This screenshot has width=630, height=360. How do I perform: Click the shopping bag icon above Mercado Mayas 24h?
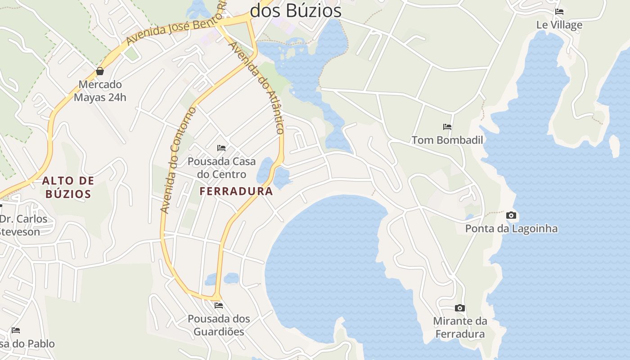100,71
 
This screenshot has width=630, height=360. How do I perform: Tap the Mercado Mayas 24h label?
100,91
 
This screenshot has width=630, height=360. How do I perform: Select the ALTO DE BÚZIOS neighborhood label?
68,188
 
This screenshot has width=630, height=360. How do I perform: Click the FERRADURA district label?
236,191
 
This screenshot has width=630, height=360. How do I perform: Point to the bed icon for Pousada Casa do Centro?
221,148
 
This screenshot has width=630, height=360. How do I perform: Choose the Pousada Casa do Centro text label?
221,168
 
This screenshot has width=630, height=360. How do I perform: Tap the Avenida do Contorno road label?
179,160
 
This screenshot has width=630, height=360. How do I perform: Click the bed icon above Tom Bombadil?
447,127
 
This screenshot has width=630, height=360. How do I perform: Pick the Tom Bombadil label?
447,140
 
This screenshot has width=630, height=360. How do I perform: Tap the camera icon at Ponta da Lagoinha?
511,215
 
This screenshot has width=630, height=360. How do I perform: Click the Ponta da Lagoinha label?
511,229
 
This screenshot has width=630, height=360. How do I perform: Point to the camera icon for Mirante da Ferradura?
459,308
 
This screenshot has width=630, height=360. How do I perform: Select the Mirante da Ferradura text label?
460,328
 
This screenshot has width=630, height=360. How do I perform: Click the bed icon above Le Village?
559,12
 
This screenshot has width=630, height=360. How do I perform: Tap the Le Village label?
559,25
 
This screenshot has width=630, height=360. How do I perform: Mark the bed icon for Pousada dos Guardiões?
219,305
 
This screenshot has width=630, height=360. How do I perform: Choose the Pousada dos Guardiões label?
219,325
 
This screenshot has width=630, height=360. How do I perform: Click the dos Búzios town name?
296,11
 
